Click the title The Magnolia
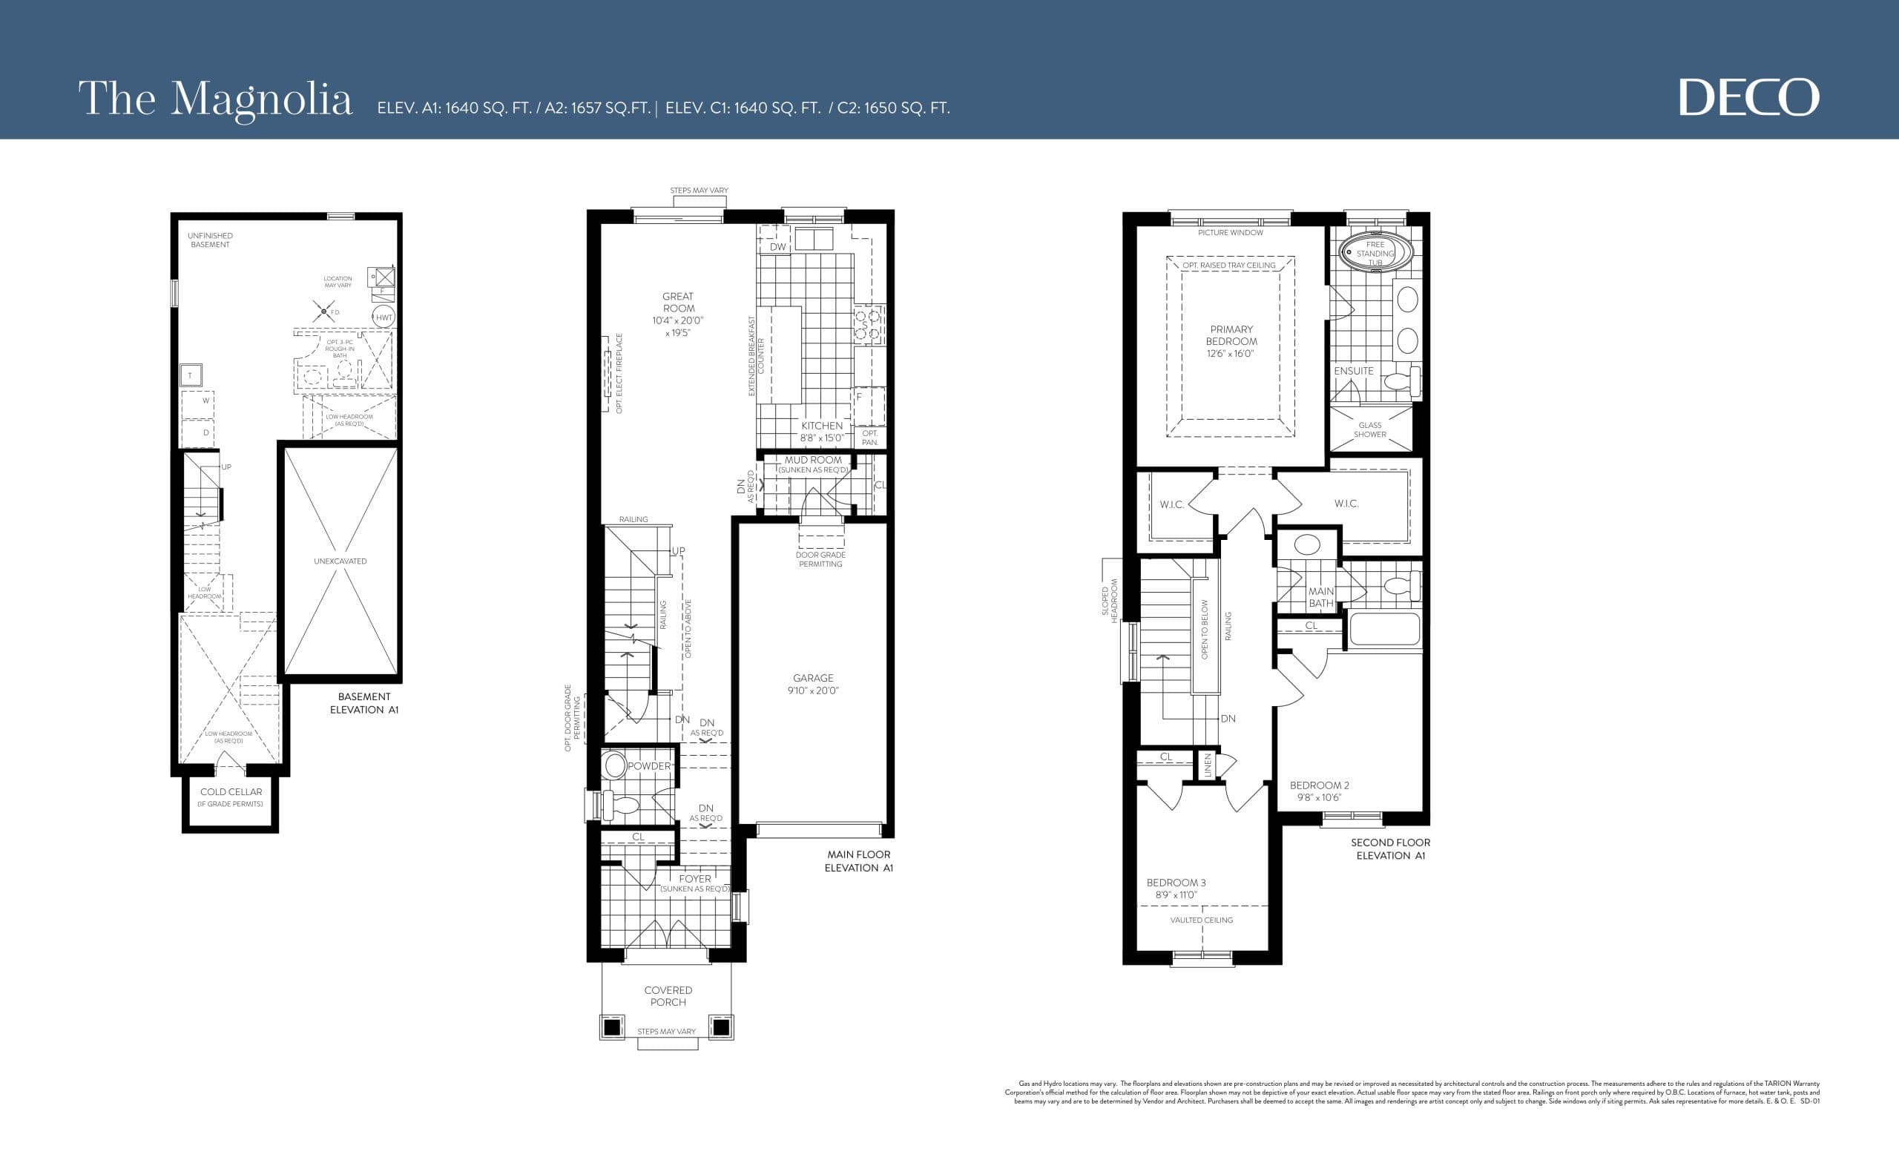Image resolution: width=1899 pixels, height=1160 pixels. [215, 99]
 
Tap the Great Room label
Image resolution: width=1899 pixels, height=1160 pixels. [677, 302]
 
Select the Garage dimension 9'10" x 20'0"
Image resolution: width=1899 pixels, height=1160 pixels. [812, 691]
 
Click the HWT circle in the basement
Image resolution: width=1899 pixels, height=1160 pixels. [384, 317]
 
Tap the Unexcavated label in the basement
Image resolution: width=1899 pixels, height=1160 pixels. [340, 561]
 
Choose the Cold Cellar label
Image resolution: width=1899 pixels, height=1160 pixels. [231, 791]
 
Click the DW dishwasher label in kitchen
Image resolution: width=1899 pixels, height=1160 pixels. [777, 247]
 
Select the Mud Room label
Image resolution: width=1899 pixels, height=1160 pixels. [813, 460]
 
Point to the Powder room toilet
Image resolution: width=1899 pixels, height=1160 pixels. [621, 805]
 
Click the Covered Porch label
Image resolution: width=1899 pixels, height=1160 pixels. [668, 996]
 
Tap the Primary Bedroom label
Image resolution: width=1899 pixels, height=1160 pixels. [1231, 335]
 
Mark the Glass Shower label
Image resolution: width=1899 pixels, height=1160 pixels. [1369, 429]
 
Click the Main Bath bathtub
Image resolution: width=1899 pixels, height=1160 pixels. [1384, 629]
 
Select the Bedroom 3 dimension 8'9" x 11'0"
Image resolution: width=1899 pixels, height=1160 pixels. [1175, 895]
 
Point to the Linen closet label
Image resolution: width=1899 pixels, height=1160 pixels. [1208, 765]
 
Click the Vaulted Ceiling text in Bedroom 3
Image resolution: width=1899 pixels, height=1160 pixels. [1201, 920]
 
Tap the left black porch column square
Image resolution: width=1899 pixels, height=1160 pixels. [611, 1027]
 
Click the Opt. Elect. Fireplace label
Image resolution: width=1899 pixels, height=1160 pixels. [619, 373]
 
